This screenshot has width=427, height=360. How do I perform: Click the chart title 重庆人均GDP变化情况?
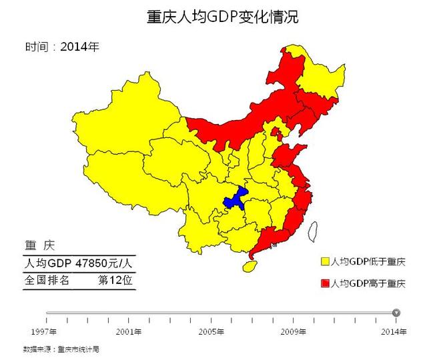[222, 17]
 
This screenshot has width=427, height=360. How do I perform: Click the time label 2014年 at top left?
[79, 47]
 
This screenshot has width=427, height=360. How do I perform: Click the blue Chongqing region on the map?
[235, 199]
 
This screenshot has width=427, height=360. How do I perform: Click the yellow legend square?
[325, 261]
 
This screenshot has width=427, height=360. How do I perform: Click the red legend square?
[325, 284]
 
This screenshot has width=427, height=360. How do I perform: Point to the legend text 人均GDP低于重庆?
[368, 261]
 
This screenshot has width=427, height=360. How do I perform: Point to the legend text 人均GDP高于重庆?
[368, 284]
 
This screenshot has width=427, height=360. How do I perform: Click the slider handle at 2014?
[396, 312]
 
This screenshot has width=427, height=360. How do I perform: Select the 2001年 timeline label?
[129, 331]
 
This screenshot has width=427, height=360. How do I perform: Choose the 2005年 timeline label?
[211, 331]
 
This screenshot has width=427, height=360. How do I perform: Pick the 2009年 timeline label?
[294, 331]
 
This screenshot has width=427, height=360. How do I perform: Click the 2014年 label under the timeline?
[394, 331]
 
